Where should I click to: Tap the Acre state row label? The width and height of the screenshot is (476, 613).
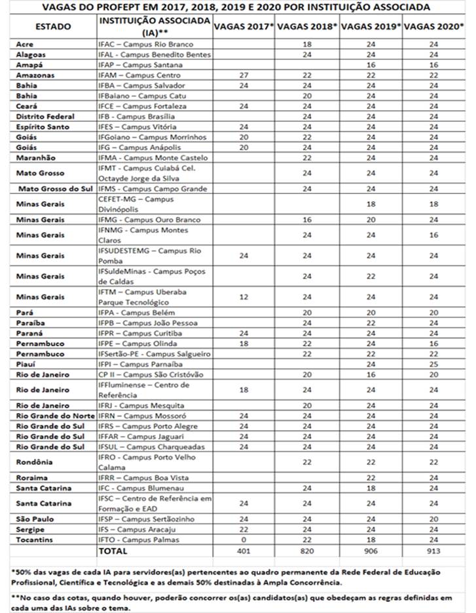point(26,43)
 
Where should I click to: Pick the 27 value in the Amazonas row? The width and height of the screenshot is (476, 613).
point(243,75)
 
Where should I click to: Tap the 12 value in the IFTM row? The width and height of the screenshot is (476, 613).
point(243,297)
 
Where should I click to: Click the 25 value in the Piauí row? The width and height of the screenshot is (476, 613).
point(432,364)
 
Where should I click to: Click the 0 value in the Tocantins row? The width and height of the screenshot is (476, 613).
point(243,540)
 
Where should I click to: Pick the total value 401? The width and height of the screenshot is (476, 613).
point(243,551)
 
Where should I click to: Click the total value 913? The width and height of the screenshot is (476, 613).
point(432,551)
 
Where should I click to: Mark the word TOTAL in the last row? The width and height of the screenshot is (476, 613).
point(113,551)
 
